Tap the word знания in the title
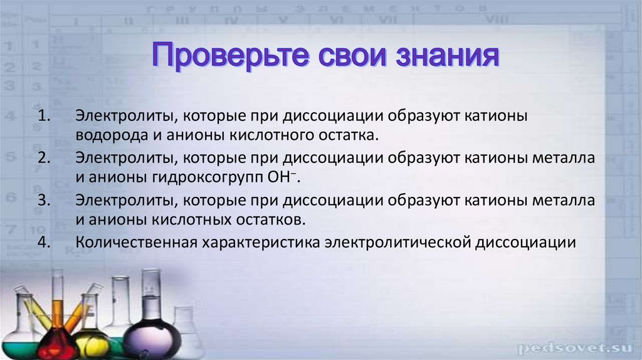pos(447,55)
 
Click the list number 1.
pos(44,116)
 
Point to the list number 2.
pos(44,157)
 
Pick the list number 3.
pos(44,200)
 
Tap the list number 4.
pos(44,242)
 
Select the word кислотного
pos(265,135)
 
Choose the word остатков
pos(270,220)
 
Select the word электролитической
pos(397,243)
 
